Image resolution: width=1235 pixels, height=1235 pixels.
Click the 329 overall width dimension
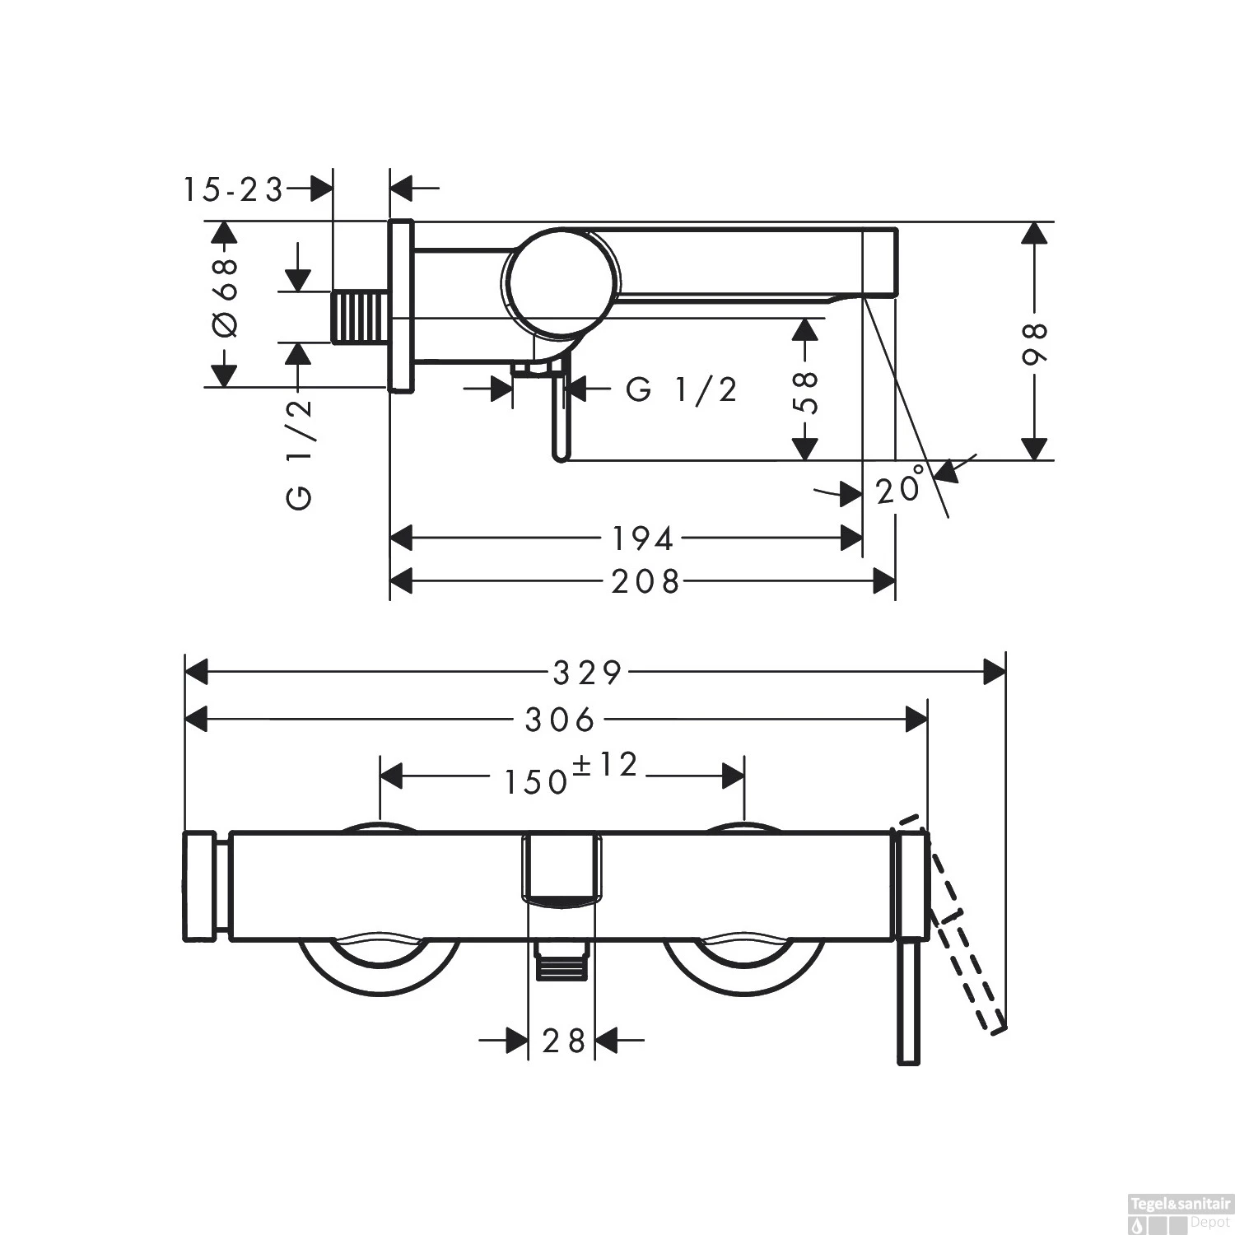[586, 673]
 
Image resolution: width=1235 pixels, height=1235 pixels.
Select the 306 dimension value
[560, 720]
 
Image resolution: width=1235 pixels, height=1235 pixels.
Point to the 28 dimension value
[564, 1041]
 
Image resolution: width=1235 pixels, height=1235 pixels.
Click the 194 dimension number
[643, 538]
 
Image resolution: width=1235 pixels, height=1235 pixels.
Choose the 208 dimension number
[645, 582]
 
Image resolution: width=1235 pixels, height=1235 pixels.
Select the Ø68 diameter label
[225, 298]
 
